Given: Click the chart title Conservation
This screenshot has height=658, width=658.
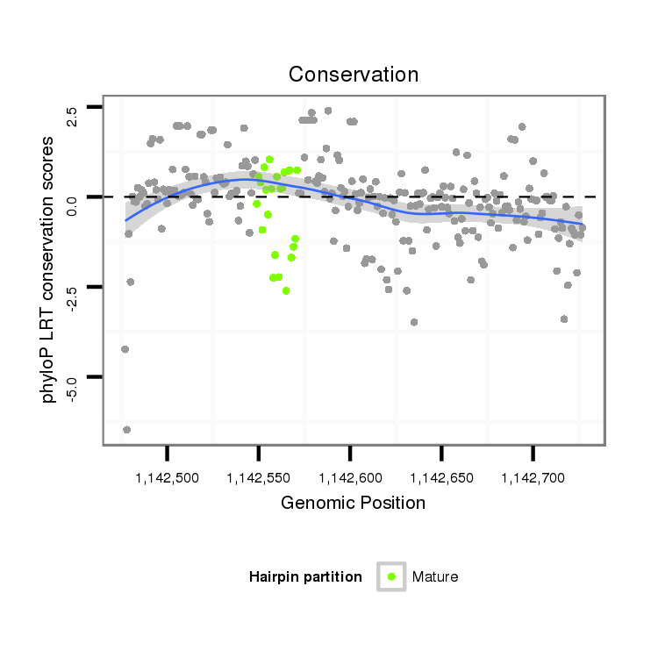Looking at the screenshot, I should pyautogui.click(x=354, y=75).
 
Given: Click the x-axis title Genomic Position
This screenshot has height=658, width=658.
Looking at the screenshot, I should pyautogui.click(x=353, y=503).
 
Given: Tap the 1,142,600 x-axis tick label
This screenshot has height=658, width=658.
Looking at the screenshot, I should pyautogui.click(x=350, y=478).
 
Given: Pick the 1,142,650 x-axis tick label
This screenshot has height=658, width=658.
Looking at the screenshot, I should pyautogui.click(x=441, y=478).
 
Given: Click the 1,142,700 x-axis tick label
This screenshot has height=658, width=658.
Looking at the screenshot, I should pyautogui.click(x=533, y=478).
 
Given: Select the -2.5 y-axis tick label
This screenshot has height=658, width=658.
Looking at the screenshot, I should pyautogui.click(x=72, y=297).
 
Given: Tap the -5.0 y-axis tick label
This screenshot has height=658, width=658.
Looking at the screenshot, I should pyautogui.click(x=72, y=387).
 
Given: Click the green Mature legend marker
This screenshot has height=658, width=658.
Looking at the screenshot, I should pyautogui.click(x=391, y=576).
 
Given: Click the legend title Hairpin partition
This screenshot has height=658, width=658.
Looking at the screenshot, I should pyautogui.click(x=305, y=576).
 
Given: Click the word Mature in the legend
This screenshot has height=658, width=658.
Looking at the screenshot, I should pyautogui.click(x=435, y=576).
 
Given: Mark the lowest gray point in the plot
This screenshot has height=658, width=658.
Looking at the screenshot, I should pyautogui.click(x=127, y=429).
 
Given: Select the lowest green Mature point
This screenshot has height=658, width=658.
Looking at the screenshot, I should pyautogui.click(x=286, y=290).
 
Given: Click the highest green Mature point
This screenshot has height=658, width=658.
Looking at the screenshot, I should pyautogui.click(x=269, y=160).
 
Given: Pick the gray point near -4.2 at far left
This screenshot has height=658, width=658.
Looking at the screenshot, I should pyautogui.click(x=125, y=349).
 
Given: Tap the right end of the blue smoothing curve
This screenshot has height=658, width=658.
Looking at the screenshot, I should pyautogui.click(x=583, y=225).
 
